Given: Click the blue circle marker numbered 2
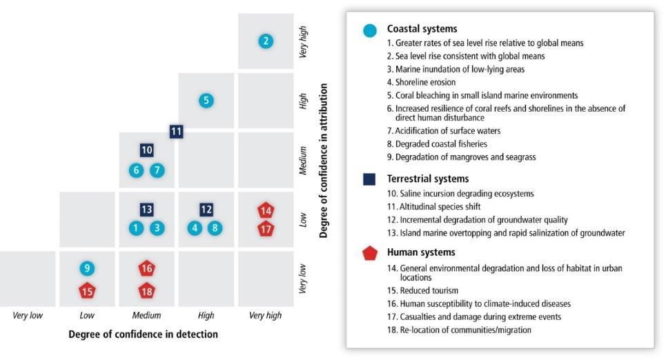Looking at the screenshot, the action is pos(266,41).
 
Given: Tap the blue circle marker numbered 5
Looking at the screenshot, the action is pos(206,101).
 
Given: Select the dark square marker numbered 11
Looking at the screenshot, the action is pos(176,132).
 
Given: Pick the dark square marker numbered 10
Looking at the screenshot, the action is pos(146,150).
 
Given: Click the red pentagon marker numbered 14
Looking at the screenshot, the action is pos(266,210).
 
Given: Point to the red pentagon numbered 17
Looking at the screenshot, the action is pos(266,229).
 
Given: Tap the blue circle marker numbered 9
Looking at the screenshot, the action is pos(87,268).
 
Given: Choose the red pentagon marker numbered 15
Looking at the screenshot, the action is pos(87,291).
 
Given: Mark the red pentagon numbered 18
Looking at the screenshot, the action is pos(146,291).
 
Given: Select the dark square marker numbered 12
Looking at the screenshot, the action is pos(206,209).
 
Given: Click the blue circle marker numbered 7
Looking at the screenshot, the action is pos(157,170).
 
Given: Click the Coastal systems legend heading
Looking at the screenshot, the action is pos(422,28).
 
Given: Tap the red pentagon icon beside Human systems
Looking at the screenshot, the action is pos(370,253).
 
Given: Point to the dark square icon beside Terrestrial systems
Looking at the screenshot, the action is pos(369,179).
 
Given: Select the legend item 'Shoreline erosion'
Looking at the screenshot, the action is pos(421,82).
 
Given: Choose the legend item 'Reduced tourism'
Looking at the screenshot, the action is pos(422,291).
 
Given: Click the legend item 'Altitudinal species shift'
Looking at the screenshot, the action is pos(433,207).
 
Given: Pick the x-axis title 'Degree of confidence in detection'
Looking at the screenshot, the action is pos(143,334).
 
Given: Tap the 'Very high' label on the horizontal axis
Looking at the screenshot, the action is pos(265,315).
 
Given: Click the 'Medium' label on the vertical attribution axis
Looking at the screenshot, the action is pos(303,160).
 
